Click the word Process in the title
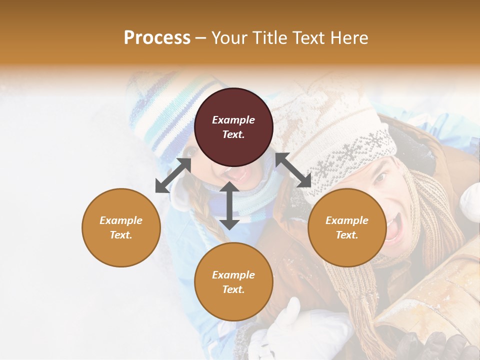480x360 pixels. click(x=157, y=38)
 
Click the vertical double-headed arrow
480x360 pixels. click(x=229, y=205)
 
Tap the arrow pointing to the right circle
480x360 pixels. click(x=293, y=170)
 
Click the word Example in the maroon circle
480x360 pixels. click(x=233, y=120)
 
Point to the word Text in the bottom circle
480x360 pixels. click(x=233, y=289)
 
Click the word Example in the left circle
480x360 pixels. click(x=121, y=220)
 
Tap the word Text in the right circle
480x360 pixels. click(x=346, y=235)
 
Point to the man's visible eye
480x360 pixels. click(x=381, y=177)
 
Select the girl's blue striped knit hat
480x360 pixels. click(x=165, y=115)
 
